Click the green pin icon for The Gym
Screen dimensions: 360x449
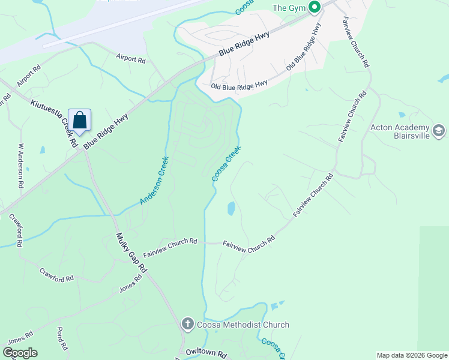[314, 7]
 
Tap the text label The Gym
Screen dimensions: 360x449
[289, 8]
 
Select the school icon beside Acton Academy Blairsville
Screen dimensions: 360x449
[438, 130]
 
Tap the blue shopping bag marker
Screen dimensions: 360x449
[79, 120]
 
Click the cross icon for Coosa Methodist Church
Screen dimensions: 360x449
[187, 325]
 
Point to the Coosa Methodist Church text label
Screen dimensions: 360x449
[243, 325]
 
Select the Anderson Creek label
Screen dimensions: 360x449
[154, 180]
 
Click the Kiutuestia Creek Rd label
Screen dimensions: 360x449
[54, 124]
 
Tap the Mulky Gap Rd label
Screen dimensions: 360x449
[131, 253]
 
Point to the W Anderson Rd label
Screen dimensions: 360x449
[21, 166]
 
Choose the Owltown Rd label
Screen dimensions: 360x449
[205, 353]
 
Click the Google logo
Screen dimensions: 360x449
[20, 353]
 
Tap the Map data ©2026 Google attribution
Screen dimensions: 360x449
[412, 355]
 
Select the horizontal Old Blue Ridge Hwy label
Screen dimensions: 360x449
[239, 86]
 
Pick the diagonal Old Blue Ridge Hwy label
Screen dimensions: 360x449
[304, 54]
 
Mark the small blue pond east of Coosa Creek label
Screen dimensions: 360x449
[231, 209]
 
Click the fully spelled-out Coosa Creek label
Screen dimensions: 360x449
[226, 164]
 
